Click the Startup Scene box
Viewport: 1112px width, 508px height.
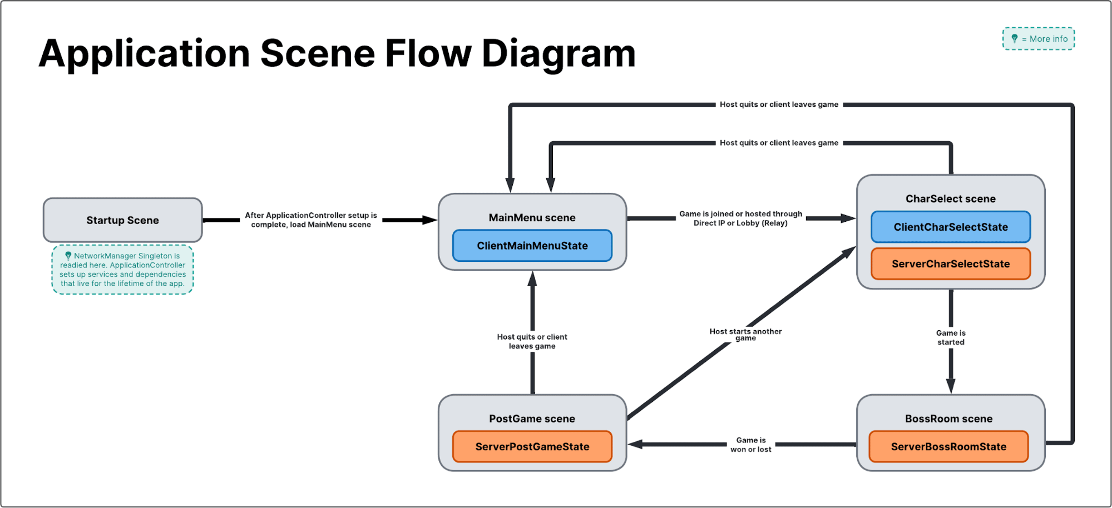click(x=122, y=220)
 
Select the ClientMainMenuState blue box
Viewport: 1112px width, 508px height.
click(x=532, y=246)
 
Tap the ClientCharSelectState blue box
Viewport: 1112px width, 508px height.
click(x=950, y=227)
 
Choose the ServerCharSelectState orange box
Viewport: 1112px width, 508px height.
click(x=950, y=264)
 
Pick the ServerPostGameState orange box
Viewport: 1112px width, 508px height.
click(x=532, y=446)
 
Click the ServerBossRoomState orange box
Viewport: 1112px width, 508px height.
click(x=948, y=446)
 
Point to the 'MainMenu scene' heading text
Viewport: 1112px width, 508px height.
click(x=532, y=218)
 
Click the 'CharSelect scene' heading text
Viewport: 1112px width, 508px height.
click(x=950, y=199)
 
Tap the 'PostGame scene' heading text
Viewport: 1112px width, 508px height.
click(x=532, y=419)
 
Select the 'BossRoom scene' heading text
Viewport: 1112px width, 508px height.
click(x=948, y=419)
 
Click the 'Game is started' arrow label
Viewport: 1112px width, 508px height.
click(x=950, y=337)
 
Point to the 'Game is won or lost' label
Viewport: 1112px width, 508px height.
click(x=750, y=445)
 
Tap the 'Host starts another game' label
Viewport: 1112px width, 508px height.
click(x=745, y=334)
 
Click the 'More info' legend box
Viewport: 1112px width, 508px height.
click(x=1038, y=39)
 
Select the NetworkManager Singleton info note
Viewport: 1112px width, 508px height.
click(x=122, y=270)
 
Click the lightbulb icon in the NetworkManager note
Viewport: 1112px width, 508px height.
click(x=68, y=256)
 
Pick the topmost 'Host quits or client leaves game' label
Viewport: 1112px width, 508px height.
click(x=778, y=104)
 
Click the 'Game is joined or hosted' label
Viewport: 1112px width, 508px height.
click(x=740, y=218)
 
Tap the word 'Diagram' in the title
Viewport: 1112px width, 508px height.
click(x=558, y=54)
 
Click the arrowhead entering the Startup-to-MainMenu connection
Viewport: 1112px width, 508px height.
click(x=429, y=220)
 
